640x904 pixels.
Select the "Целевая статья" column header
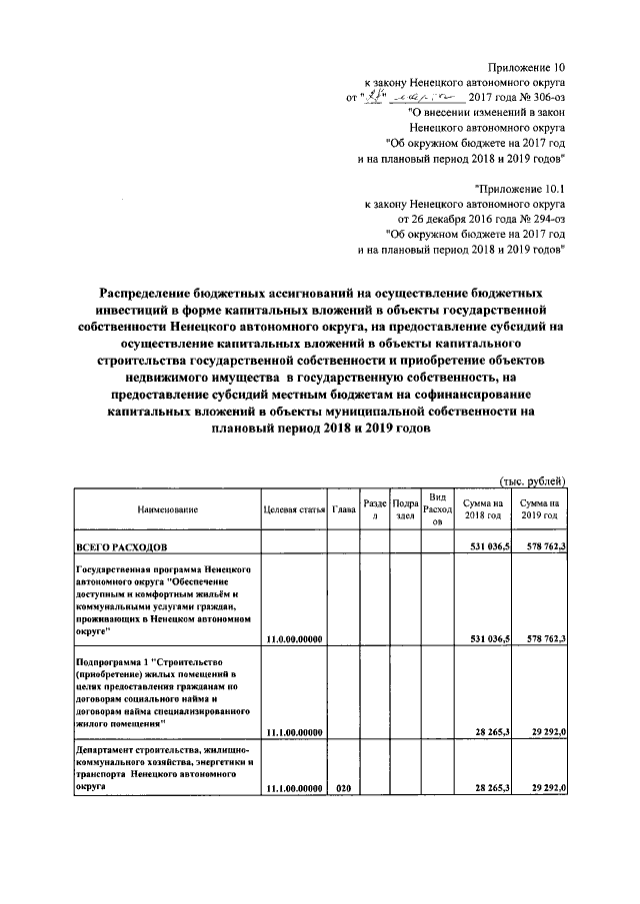click(x=295, y=509)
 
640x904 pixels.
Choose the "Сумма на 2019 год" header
click(x=540, y=509)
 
